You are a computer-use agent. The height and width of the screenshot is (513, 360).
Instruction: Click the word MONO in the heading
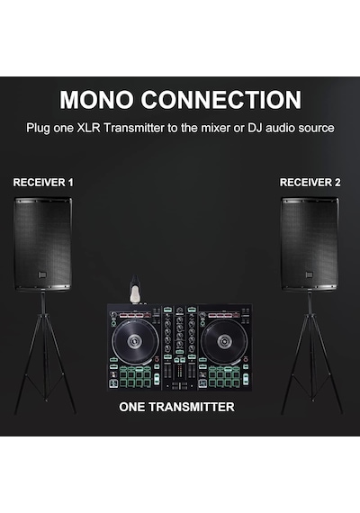[x=96, y=100]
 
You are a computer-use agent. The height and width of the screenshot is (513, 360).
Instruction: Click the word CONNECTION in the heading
[x=221, y=100]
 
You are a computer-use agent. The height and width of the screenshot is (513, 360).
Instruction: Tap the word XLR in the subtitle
[x=88, y=128]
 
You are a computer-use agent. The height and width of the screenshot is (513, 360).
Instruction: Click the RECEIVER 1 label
[x=43, y=182]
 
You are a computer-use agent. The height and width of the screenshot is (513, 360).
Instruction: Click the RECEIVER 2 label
[x=310, y=182]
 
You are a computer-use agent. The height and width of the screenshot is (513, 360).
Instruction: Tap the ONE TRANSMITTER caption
[x=176, y=407]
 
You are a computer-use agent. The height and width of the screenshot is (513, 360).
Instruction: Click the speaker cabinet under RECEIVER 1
[x=43, y=244]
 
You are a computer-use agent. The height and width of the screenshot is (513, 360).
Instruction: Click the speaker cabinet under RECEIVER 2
[x=310, y=244]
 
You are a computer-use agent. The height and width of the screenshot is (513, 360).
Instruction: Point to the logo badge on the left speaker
[x=42, y=274]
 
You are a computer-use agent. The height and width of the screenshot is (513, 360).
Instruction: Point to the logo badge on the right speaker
[x=310, y=274]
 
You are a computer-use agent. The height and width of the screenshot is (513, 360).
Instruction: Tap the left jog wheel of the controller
[x=135, y=342]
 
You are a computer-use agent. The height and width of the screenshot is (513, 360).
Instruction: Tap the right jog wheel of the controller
[x=224, y=342]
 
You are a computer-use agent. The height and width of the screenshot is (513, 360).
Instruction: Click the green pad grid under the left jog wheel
[x=135, y=377]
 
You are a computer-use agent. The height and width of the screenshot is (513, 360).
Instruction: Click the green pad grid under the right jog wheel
[x=224, y=377]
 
